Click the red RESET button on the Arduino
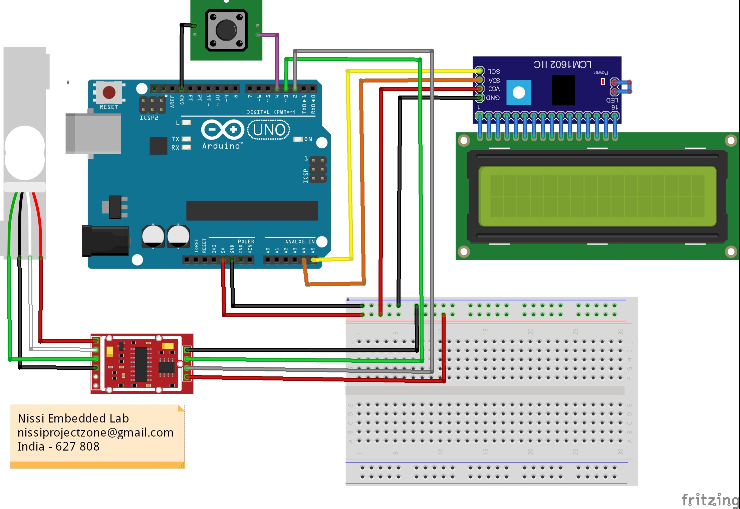[109, 92]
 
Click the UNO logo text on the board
[269, 130]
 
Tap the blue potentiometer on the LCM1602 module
[518, 93]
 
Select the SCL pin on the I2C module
[480, 71]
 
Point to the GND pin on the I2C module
[480, 98]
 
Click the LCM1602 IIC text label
[562, 64]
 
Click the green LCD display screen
[597, 196]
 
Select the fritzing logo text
[710, 500]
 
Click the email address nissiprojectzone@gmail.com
[95, 433]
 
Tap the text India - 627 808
[58, 447]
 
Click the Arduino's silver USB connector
[93, 134]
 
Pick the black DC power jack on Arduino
[105, 240]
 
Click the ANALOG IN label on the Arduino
[299, 241]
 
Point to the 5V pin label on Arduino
[223, 250]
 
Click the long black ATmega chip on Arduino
[252, 210]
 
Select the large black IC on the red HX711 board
[141, 364]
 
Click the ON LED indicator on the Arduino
[298, 139]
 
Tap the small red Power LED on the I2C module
[602, 81]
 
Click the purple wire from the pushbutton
[277, 60]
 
